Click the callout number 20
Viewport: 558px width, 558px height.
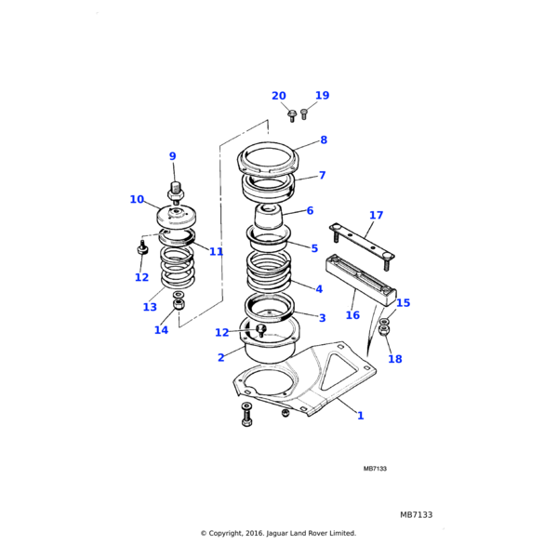pyautogui.click(x=279, y=96)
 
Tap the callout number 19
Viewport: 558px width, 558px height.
pyautogui.click(x=322, y=95)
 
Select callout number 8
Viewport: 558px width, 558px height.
pyautogui.click(x=324, y=140)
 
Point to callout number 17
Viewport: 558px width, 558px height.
pyautogui.click(x=376, y=216)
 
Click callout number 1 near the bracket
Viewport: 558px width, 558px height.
pyautogui.click(x=361, y=416)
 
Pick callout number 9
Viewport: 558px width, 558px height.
pyautogui.click(x=172, y=156)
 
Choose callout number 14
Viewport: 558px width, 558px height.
pyautogui.click(x=162, y=329)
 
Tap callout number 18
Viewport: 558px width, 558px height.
pyautogui.click(x=395, y=359)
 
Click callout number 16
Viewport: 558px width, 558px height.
pyautogui.click(x=352, y=315)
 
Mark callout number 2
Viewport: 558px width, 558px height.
pyautogui.click(x=220, y=357)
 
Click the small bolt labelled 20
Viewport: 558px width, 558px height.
pyautogui.click(x=292, y=115)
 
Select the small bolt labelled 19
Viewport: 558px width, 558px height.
pyautogui.click(x=304, y=114)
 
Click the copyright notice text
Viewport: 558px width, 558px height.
pyautogui.click(x=278, y=533)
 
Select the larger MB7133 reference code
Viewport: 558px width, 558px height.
pyautogui.click(x=416, y=514)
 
